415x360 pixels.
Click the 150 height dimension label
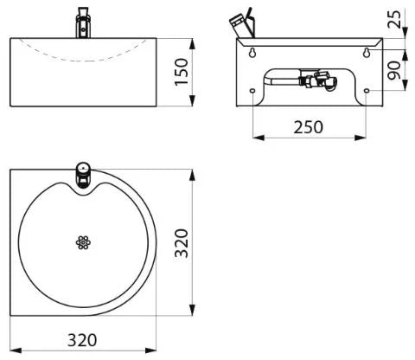182,72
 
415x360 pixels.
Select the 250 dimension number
309,127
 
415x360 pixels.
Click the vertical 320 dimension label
182,243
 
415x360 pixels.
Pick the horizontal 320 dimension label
82,340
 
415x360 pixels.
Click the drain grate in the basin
83,242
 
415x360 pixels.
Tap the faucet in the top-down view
83,175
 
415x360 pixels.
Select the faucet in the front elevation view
84,22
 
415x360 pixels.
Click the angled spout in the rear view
243,24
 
